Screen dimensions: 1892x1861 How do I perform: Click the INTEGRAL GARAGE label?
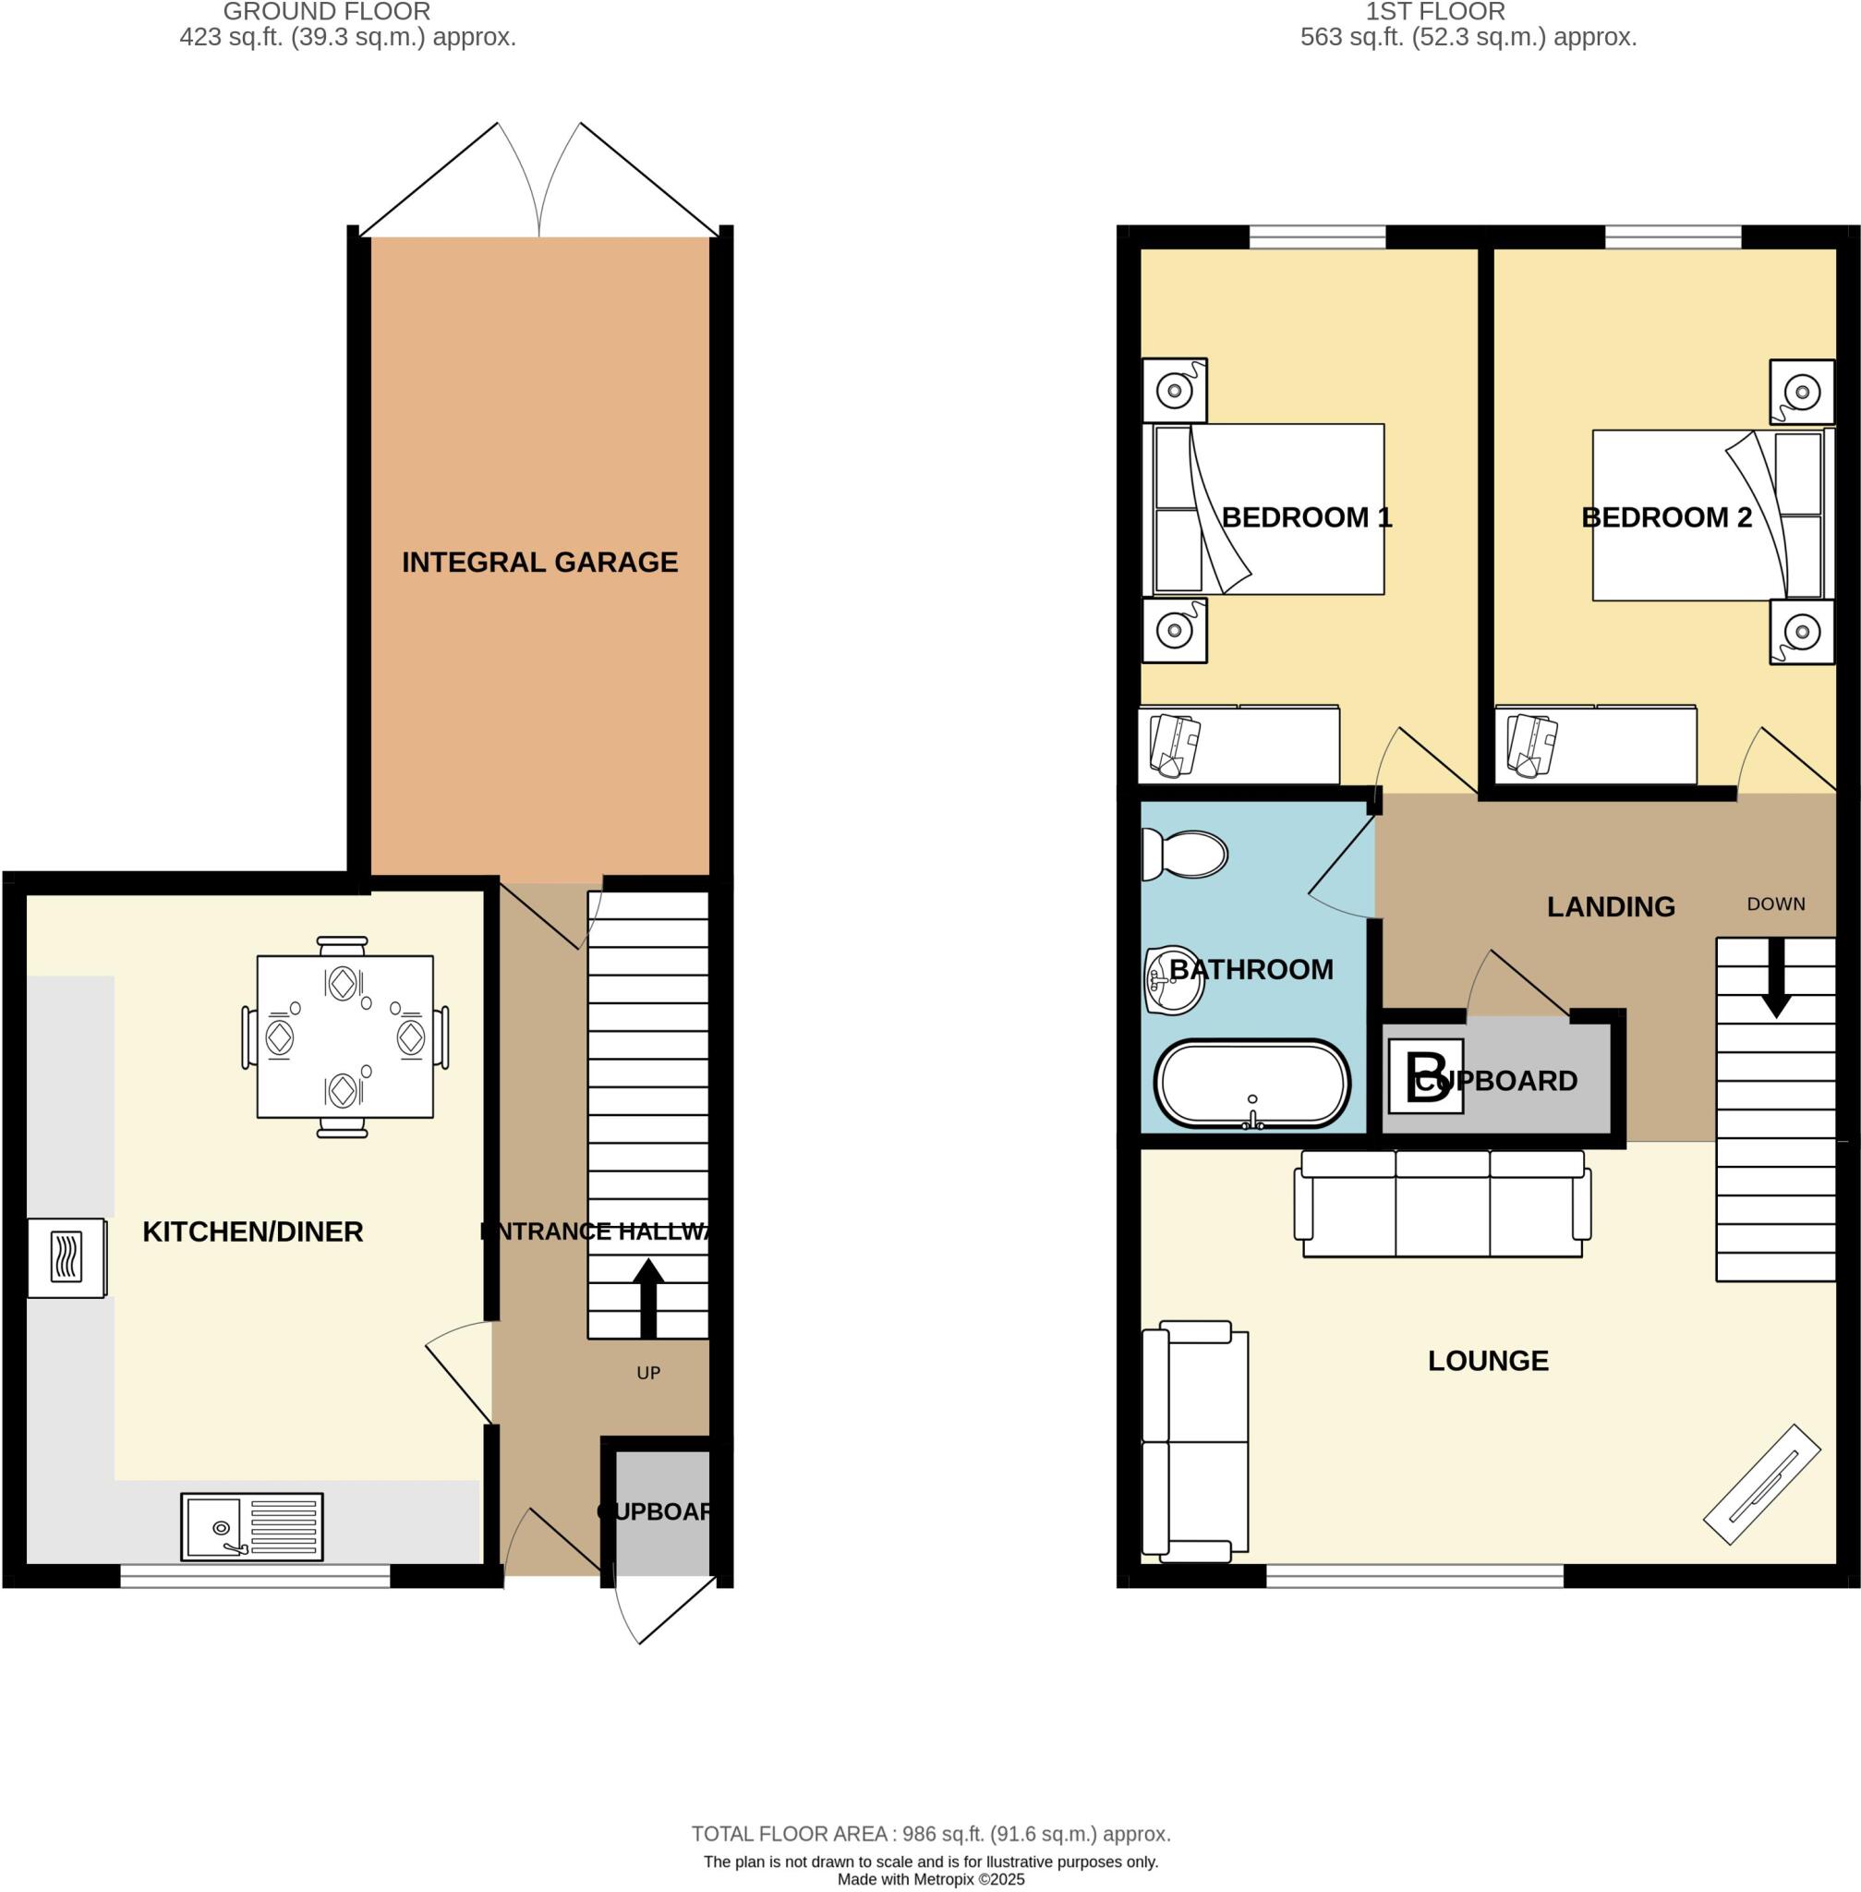(539, 563)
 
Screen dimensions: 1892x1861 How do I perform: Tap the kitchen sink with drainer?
(251, 1526)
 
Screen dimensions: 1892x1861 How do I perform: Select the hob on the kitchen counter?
(66, 1257)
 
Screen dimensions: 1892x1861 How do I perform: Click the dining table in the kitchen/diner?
(344, 1037)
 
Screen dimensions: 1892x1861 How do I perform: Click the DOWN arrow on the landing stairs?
(1775, 977)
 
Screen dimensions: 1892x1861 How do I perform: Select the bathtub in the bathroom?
(1252, 1085)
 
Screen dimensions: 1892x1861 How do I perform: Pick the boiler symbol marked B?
(1426, 1075)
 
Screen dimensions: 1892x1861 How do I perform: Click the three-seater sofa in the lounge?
(1443, 1205)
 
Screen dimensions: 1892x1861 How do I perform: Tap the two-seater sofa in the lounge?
(1194, 1441)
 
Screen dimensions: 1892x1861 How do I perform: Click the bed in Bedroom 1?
(1263, 508)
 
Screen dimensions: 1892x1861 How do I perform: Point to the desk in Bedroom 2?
(1596, 745)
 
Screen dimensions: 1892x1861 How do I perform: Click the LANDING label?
(1611, 906)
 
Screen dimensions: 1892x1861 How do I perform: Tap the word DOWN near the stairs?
(1775, 904)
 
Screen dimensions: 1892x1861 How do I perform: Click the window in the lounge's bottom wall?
(1414, 1575)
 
